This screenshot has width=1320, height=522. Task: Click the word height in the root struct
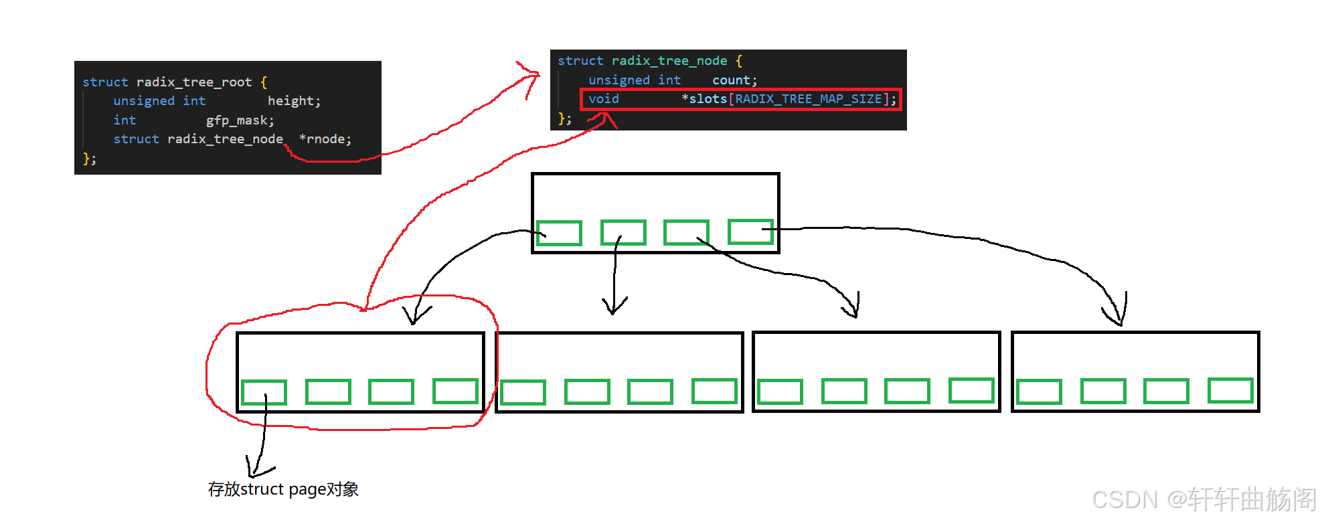[293, 101]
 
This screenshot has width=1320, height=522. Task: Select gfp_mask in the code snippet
[239, 120]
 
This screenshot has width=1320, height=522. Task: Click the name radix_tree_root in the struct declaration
[194, 82]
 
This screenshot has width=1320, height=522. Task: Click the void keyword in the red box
[604, 99]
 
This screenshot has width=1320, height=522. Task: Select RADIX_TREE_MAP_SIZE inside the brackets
[808, 99]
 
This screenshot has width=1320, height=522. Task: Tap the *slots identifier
[705, 99]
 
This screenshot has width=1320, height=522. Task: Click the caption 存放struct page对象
[283, 489]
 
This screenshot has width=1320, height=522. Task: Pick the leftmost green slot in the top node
[559, 233]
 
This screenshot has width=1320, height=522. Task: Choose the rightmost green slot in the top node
[750, 232]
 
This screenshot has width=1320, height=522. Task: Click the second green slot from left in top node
[623, 232]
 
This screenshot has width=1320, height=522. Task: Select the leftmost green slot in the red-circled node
[264, 393]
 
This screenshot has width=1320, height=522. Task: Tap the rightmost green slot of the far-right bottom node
[1230, 391]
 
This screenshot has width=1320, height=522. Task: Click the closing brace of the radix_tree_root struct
[87, 159]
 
